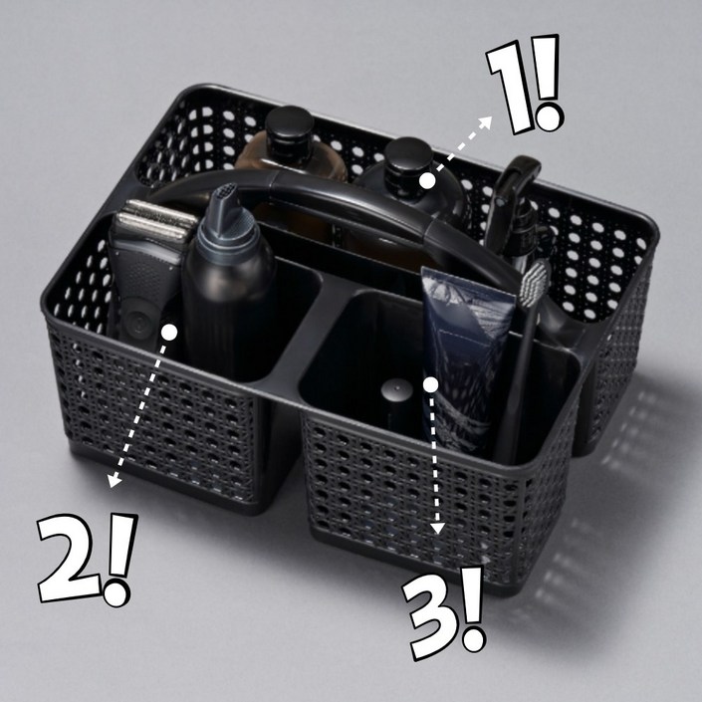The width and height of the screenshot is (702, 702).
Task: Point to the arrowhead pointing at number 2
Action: pyautogui.click(x=115, y=480)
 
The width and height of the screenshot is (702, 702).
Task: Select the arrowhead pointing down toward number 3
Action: pyautogui.click(x=437, y=529)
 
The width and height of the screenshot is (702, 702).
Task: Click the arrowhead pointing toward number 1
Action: pyautogui.click(x=486, y=121)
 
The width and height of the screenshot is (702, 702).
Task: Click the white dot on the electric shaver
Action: pyautogui.click(x=169, y=332)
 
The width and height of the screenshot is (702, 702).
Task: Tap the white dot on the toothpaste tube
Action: pyautogui.click(x=431, y=384)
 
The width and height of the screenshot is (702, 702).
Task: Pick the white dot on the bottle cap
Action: pyautogui.click(x=427, y=181)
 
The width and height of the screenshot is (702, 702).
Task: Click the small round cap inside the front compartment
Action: pyautogui.click(x=396, y=389)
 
